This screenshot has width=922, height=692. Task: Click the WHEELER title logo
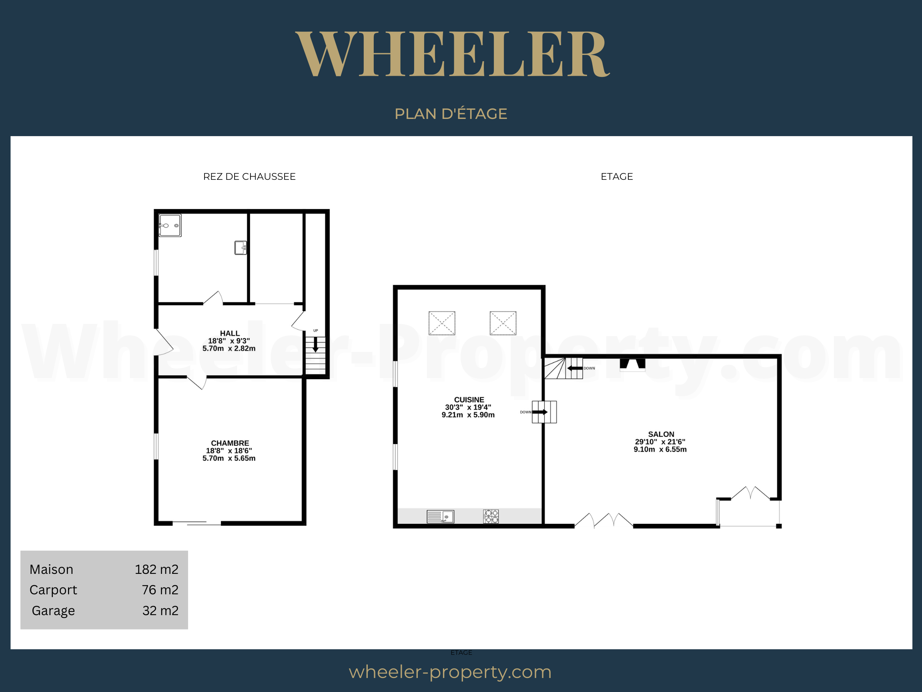(453, 54)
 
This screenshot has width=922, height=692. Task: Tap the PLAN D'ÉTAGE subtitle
(451, 113)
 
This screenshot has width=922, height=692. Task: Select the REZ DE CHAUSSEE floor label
(249, 177)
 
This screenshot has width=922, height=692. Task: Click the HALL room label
(230, 333)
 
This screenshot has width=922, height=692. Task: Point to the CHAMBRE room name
(230, 443)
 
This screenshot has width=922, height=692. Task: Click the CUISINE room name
(469, 400)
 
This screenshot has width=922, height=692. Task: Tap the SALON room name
(661, 434)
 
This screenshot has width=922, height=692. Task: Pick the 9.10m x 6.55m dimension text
(660, 449)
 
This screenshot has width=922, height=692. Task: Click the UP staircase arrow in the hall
(315, 344)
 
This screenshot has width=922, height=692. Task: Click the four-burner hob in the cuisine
(491, 516)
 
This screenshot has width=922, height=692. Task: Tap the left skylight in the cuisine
(442, 323)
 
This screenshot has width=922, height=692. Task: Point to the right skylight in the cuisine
(503, 323)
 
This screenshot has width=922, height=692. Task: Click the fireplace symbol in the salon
(633, 364)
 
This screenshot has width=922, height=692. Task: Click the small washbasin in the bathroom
(241, 248)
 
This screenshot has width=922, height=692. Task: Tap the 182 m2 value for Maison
(156, 569)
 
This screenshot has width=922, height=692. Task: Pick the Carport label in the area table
(53, 590)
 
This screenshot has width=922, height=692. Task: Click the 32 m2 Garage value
(160, 611)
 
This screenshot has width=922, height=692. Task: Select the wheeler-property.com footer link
(450, 672)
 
